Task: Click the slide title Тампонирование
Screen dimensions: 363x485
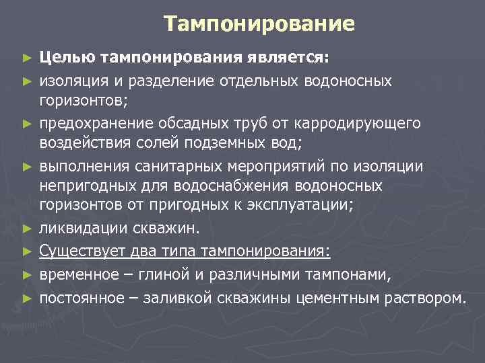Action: click(x=259, y=25)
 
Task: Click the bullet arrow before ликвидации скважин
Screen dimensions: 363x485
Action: click(x=26, y=228)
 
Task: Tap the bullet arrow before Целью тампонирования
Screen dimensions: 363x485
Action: click(x=26, y=59)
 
